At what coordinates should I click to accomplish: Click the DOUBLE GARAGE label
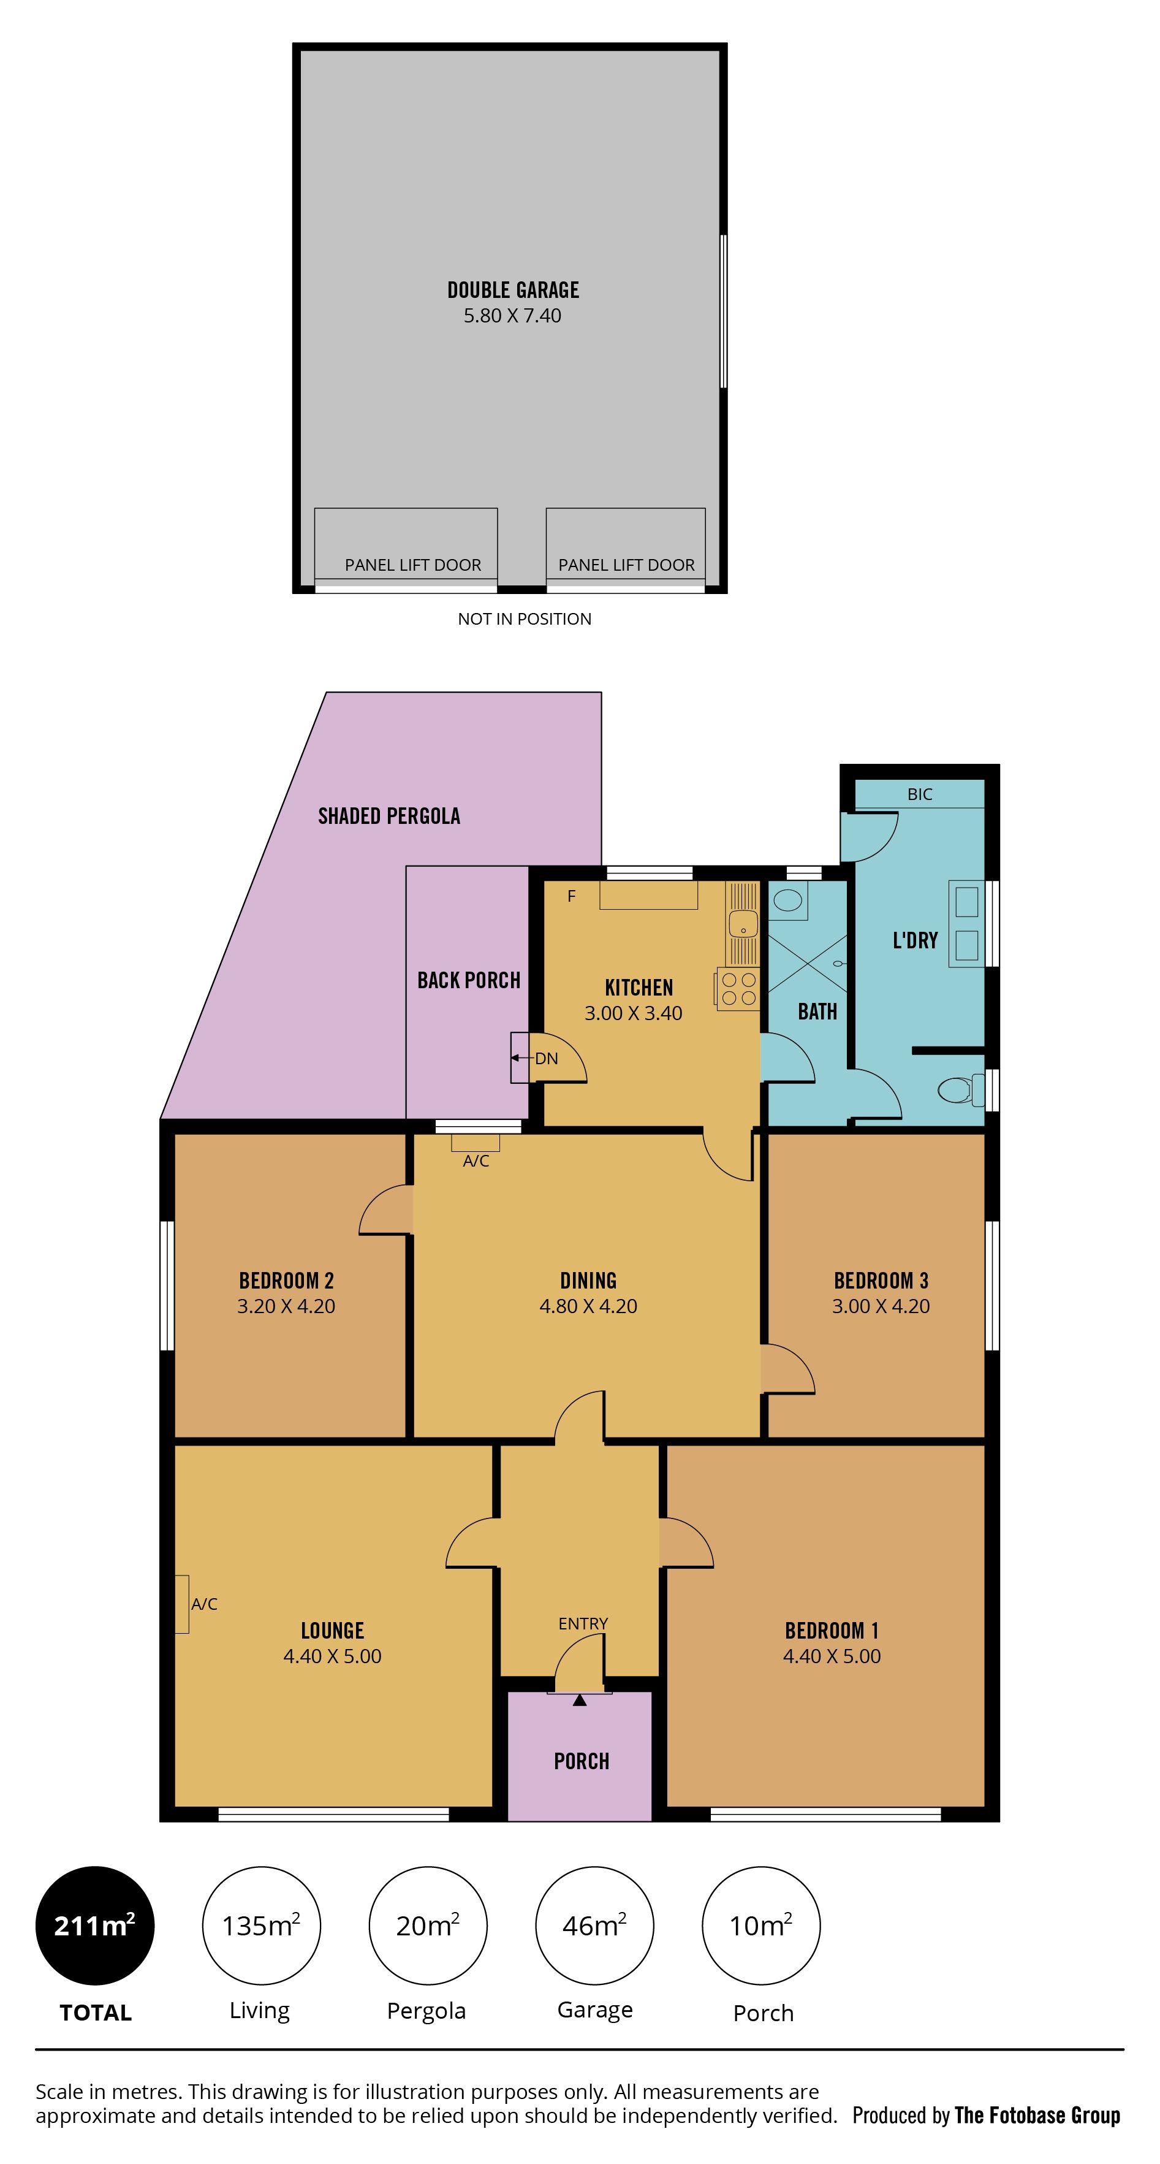(514, 290)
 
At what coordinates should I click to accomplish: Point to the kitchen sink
(743, 923)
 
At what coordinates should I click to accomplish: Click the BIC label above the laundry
(920, 794)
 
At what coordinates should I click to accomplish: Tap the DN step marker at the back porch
(546, 1059)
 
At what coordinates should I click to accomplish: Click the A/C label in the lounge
(204, 1604)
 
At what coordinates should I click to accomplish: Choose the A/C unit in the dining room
(476, 1143)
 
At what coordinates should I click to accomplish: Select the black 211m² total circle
(95, 1926)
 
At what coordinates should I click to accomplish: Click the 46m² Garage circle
(594, 1926)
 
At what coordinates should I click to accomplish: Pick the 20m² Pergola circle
(428, 1926)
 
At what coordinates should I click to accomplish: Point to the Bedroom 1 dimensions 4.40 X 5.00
(832, 1656)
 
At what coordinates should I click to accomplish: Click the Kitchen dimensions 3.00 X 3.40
(634, 1013)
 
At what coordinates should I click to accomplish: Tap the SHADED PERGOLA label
(389, 816)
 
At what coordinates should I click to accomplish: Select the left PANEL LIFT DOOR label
(413, 565)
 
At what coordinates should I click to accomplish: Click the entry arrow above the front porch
(580, 1701)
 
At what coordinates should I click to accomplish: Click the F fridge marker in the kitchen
(571, 896)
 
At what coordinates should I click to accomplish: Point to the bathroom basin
(788, 901)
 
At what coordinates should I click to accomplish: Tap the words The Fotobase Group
(1037, 2116)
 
